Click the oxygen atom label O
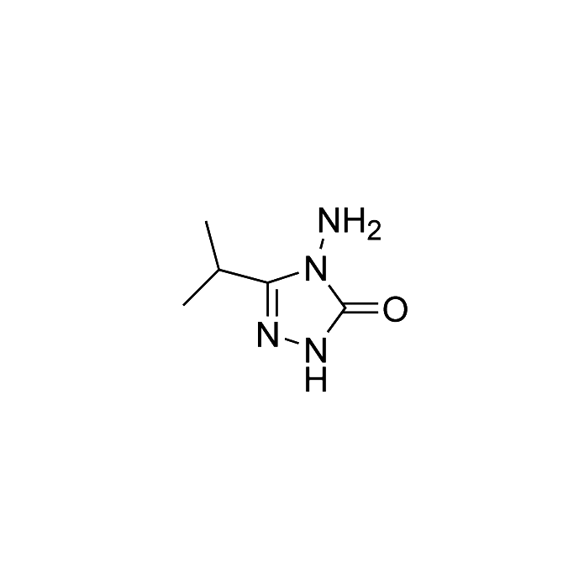[395, 308]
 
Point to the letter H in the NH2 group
[354, 220]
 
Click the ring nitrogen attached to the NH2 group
[316, 267]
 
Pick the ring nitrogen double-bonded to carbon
[268, 334]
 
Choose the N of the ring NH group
[316, 350]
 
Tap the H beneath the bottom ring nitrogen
[316, 379]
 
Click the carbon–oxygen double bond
[362, 308]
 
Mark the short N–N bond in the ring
[292, 341]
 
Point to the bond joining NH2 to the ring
[323, 245]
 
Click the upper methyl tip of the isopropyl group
[206, 221]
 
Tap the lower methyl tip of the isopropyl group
[183, 305]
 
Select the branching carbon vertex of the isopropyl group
[218, 269]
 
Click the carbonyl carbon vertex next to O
[345, 308]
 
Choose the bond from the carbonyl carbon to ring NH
[337, 320]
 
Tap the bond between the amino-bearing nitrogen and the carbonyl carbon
[337, 297]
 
